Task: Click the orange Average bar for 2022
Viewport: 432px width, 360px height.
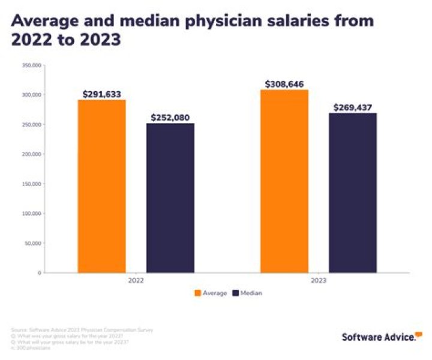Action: point(101,186)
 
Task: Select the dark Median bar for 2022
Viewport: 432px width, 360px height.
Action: point(170,198)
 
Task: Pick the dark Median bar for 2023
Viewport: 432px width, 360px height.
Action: point(353,193)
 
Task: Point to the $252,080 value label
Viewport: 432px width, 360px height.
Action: point(171,118)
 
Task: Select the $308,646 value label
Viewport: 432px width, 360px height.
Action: point(284,84)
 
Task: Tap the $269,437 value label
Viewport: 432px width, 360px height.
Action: point(353,107)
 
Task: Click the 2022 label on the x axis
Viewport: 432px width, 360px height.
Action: point(136,280)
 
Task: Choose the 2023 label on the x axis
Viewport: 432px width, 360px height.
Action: point(319,280)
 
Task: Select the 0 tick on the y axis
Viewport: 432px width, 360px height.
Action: point(40,273)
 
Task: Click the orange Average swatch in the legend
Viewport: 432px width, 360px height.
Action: point(197,293)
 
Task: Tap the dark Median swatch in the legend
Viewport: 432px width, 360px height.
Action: point(235,293)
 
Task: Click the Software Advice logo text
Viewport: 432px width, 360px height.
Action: point(378,337)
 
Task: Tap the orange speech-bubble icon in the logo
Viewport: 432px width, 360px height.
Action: point(418,334)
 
